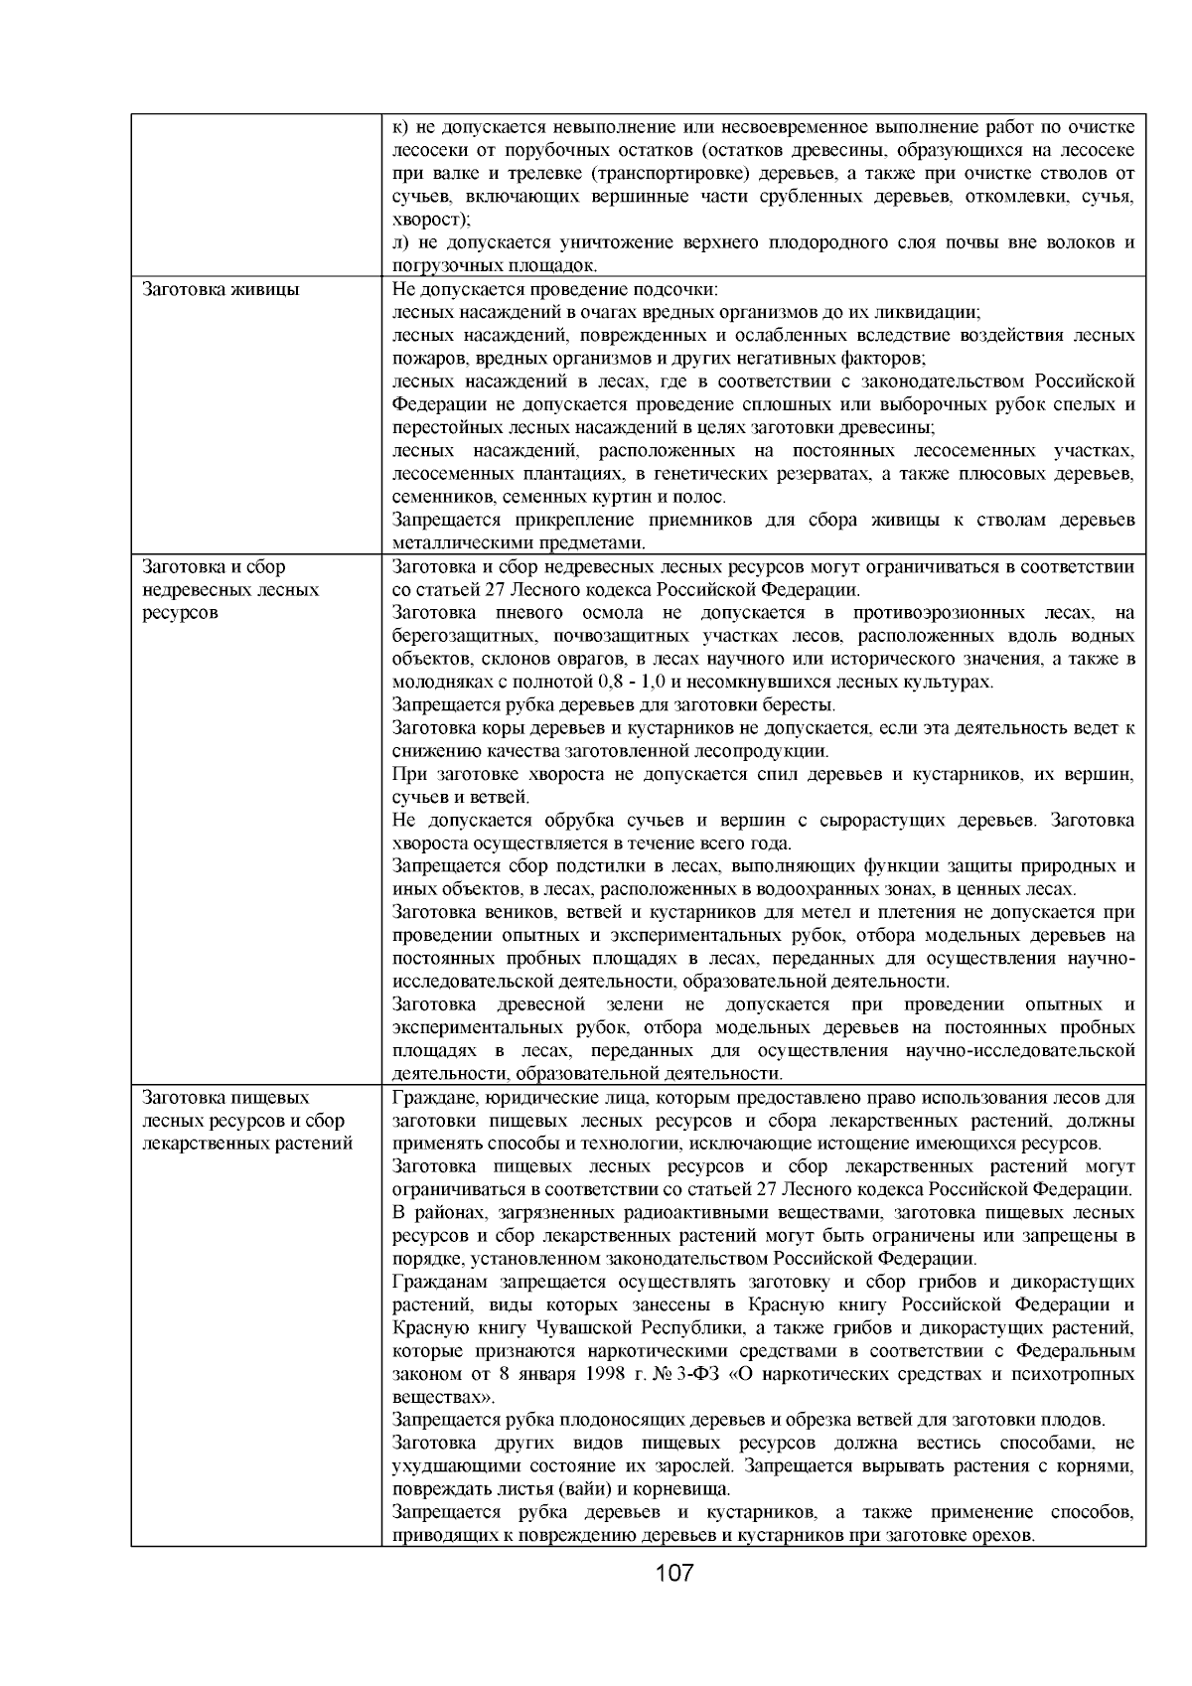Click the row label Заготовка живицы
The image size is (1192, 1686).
coord(222,290)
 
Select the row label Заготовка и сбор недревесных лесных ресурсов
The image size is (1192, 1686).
coord(231,590)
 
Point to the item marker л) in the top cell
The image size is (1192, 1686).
coord(402,242)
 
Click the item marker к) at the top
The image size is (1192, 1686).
coord(401,127)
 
